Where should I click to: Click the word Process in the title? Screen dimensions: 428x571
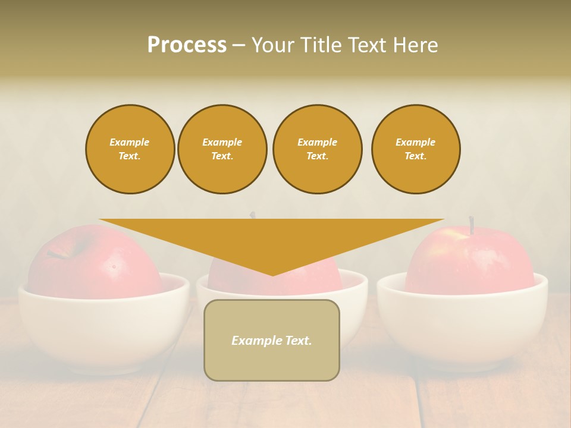187,45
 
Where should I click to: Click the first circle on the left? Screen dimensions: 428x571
130,149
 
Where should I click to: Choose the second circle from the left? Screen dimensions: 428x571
222,149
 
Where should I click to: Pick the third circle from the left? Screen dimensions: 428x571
318,149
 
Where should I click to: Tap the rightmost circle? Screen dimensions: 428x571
416,149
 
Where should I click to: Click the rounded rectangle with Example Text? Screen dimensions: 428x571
272,340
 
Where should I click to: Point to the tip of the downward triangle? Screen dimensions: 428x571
272,275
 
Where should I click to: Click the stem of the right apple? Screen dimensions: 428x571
471,225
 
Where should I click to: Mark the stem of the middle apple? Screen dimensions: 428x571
253,215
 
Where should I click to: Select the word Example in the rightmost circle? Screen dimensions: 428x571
416,142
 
